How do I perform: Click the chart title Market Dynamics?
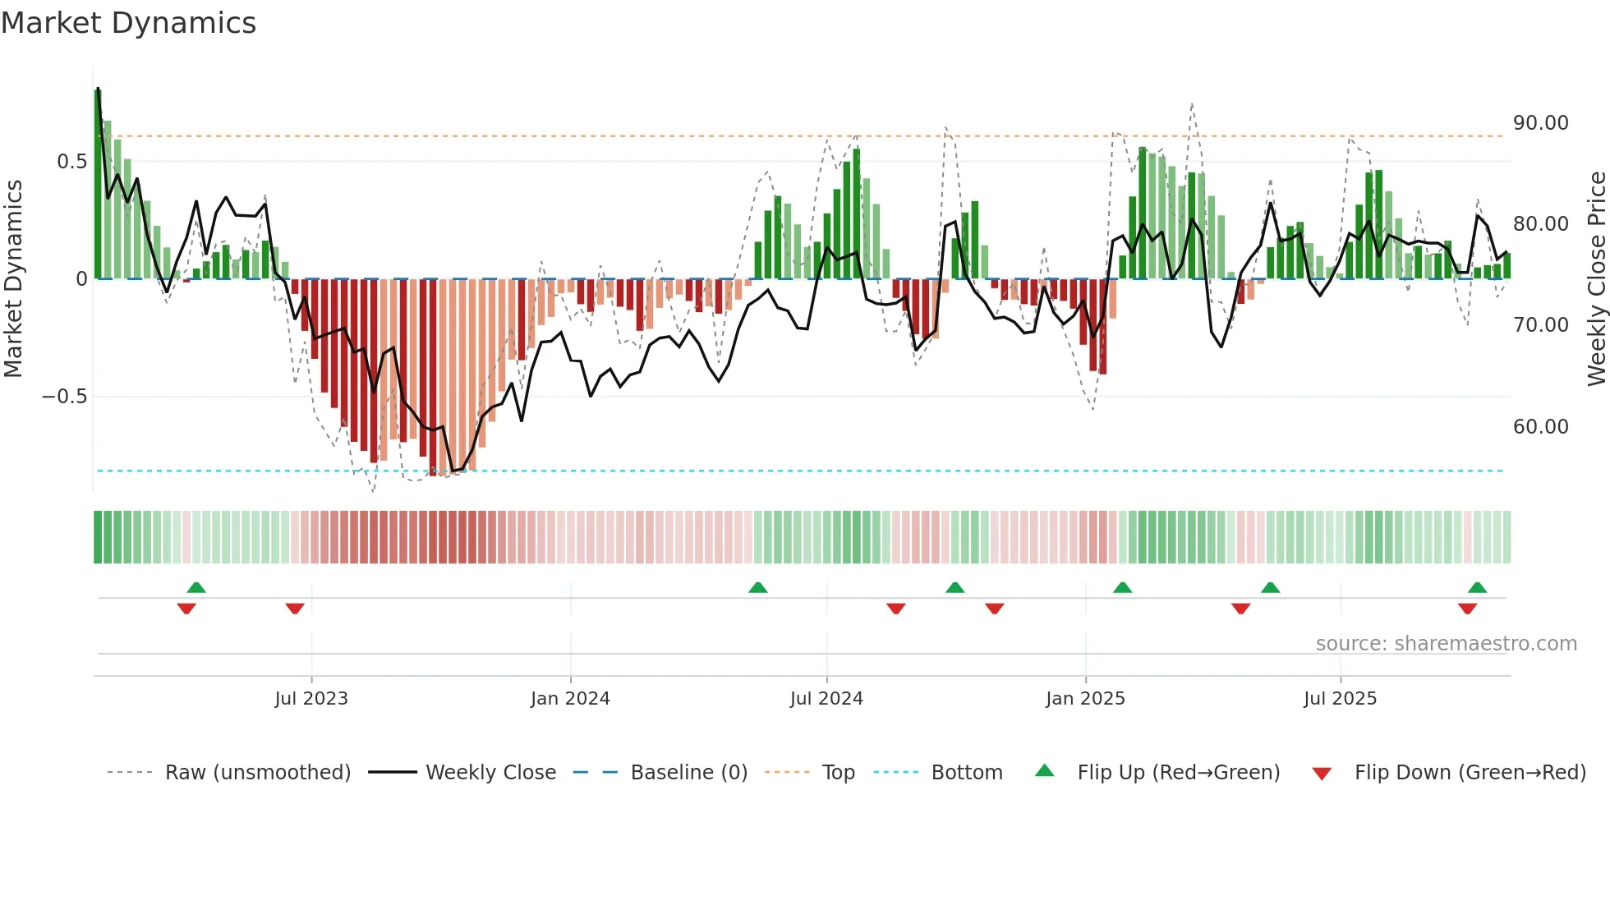pos(128,23)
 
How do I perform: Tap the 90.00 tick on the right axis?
pos(1540,123)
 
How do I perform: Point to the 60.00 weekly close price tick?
pos(1540,427)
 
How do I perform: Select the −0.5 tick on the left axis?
pos(64,397)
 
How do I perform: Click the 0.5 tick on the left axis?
pos(71,162)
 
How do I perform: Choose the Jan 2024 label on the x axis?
pos(570,699)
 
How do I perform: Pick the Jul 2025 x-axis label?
pos(1340,699)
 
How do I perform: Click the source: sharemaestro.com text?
pos(1446,644)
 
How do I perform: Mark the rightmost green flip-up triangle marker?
pos(1477,587)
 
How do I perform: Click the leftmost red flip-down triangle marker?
pos(186,609)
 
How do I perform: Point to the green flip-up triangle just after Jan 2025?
pos(1122,587)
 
